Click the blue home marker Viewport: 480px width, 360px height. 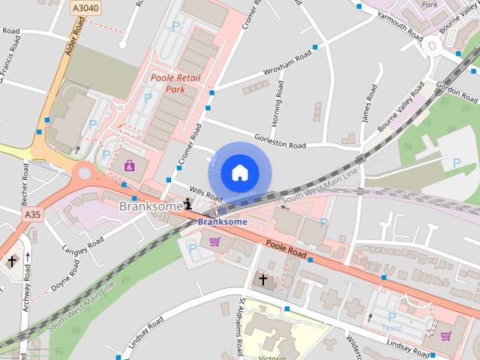click(239, 172)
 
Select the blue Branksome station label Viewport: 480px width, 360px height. click(222, 222)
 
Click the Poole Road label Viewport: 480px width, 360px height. click(284, 248)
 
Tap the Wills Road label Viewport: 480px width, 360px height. click(205, 194)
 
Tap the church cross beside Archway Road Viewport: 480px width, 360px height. click(12, 262)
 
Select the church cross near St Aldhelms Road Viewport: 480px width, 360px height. click(262, 280)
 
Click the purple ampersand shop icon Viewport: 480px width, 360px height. click(130, 165)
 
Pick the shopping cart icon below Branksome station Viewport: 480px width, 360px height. click(214, 241)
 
